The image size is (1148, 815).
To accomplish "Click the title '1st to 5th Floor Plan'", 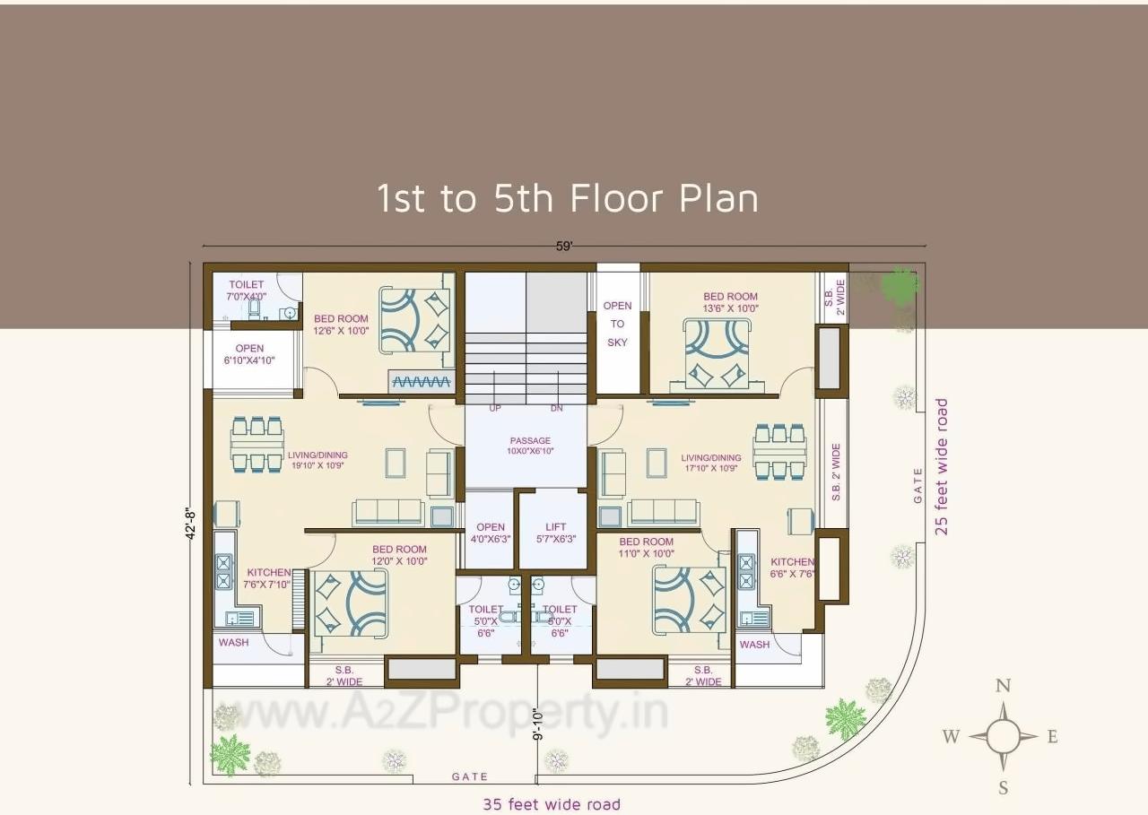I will pos(567,198).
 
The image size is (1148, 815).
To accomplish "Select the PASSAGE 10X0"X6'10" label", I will pos(530,446).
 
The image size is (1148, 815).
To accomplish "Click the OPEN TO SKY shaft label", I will pos(617,324).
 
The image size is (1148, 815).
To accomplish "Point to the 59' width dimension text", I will pos(563,247).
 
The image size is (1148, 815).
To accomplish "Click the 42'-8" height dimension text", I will pos(190,525).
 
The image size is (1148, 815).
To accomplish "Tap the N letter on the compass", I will pos(1003,687).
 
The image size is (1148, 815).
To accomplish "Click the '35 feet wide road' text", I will pos(552,804).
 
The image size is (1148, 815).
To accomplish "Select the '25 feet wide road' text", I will pos(941,466).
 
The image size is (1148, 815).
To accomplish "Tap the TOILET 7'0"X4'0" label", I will pos(247,290).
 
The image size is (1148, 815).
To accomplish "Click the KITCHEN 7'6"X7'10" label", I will pos(269,578).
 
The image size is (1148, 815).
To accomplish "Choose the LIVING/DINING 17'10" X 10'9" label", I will pos(710,462).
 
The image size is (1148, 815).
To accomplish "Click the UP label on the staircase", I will pos(495,409).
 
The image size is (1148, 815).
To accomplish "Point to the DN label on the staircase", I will pos(557,409).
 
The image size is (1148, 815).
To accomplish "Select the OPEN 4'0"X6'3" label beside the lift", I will pos(491,533).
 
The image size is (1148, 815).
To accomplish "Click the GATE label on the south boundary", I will pos(470,776).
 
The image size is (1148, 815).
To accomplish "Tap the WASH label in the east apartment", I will pos(754,644).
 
